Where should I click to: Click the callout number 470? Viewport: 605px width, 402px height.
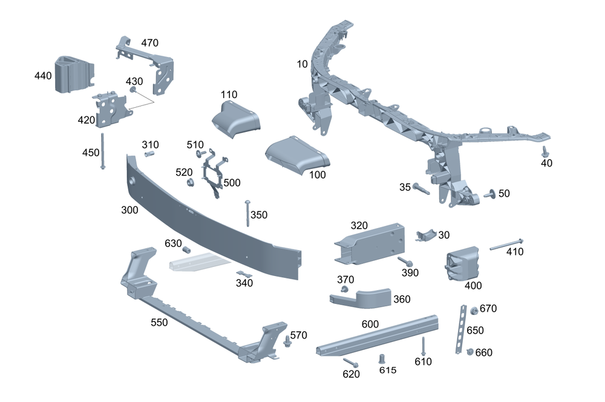coord(149,43)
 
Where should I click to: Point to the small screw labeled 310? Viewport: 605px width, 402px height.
coord(149,154)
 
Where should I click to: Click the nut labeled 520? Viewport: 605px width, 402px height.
coord(188,182)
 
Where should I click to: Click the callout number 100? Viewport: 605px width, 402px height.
coord(317,175)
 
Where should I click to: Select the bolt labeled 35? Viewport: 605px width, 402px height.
coord(421,190)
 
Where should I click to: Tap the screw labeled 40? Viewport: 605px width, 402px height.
coord(544,151)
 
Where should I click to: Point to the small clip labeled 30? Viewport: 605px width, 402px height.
coord(427,236)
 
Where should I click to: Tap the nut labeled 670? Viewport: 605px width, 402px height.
coord(474,311)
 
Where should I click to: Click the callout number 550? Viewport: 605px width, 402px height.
coord(159,323)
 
